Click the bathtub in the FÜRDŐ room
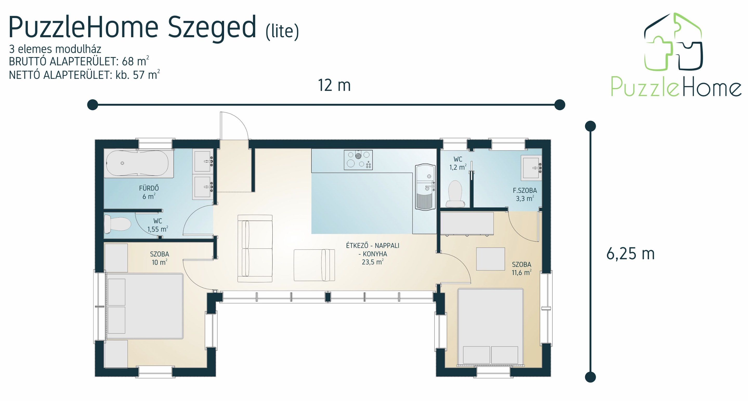[x=139, y=164]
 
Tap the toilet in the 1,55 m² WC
[x=117, y=224]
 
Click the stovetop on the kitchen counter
[x=358, y=159]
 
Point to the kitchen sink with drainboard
[x=425, y=187]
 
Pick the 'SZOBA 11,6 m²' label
[x=522, y=268]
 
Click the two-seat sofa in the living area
[x=255, y=248]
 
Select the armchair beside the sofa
[x=314, y=265]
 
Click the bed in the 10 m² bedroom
[x=145, y=306]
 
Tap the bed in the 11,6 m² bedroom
[x=490, y=326]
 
